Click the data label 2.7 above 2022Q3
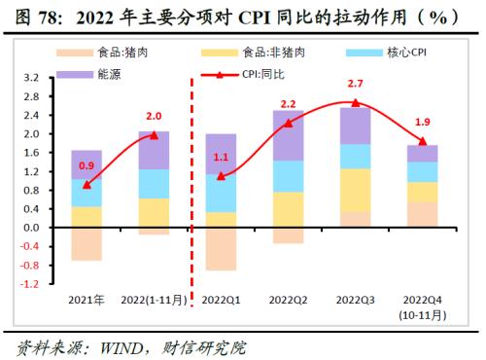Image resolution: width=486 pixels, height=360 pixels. [x=356, y=86]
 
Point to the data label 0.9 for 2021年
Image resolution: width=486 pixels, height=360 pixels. [x=86, y=165]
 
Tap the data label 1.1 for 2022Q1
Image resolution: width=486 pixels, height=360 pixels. [x=221, y=157]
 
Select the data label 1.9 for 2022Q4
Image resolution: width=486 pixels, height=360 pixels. [x=423, y=123]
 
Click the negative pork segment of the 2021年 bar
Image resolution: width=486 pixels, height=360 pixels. [x=87, y=243]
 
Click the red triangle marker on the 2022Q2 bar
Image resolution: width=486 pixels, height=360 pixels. [x=288, y=123]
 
